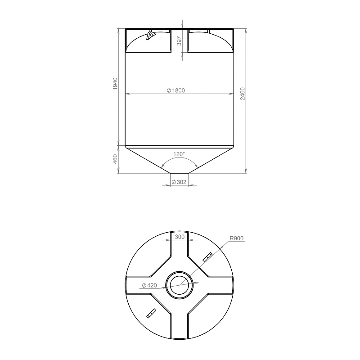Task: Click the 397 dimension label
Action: [x=179, y=41]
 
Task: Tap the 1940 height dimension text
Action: [x=115, y=84]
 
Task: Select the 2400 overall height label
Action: [x=243, y=94]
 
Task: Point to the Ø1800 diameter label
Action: [x=175, y=90]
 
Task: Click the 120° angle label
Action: [x=179, y=154]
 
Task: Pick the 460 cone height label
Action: [x=115, y=159]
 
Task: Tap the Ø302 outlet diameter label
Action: [x=179, y=182]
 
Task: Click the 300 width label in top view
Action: [x=180, y=237]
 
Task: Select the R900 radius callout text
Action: [x=237, y=238]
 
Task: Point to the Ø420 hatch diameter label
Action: [x=149, y=285]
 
